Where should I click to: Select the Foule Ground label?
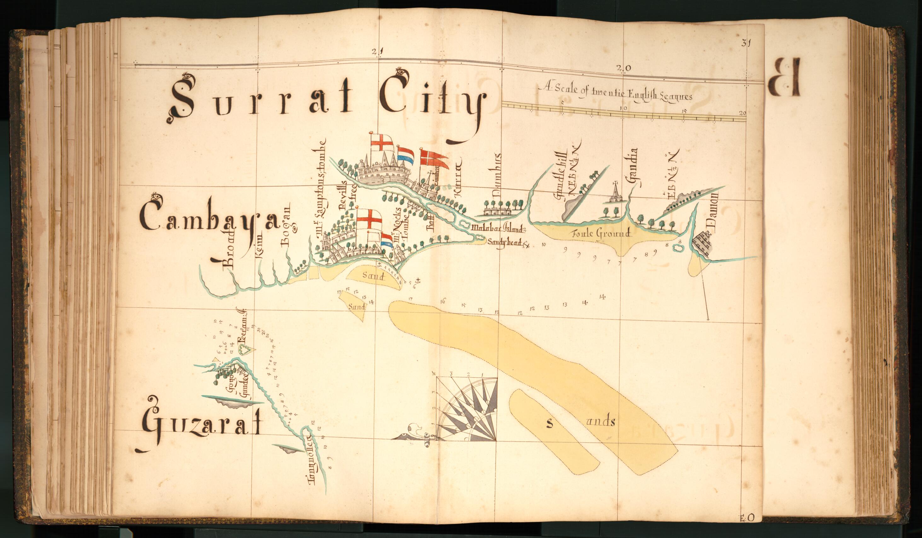tap(602, 233)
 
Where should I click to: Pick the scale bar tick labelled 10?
tap(623, 109)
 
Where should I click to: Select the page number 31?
tap(746, 43)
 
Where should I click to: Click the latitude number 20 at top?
tap(624, 68)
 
